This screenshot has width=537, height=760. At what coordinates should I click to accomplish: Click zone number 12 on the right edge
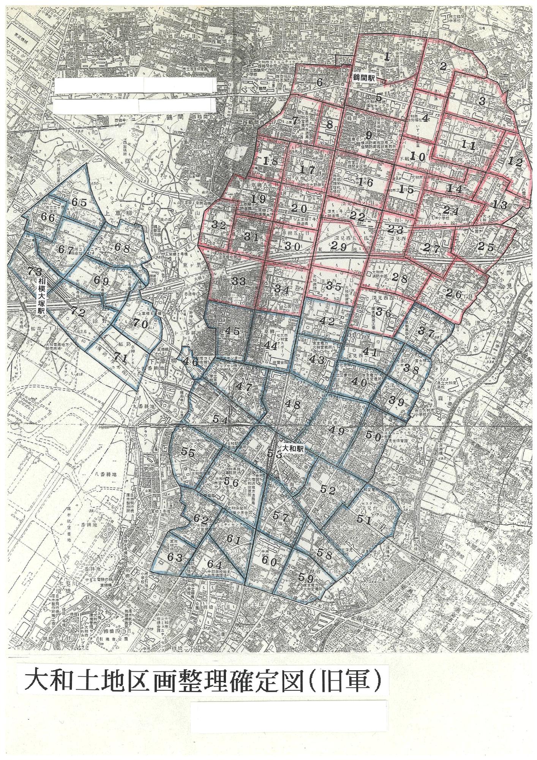tap(515, 161)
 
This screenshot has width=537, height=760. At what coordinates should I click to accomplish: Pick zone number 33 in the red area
tap(239, 282)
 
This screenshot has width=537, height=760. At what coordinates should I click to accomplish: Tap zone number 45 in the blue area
tap(232, 331)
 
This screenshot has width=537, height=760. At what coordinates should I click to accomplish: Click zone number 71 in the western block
tap(120, 357)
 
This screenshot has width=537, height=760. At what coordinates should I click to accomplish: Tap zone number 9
tap(368, 135)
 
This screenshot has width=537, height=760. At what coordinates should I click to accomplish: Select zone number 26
tap(453, 294)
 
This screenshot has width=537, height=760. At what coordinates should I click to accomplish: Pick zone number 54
tap(220, 420)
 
